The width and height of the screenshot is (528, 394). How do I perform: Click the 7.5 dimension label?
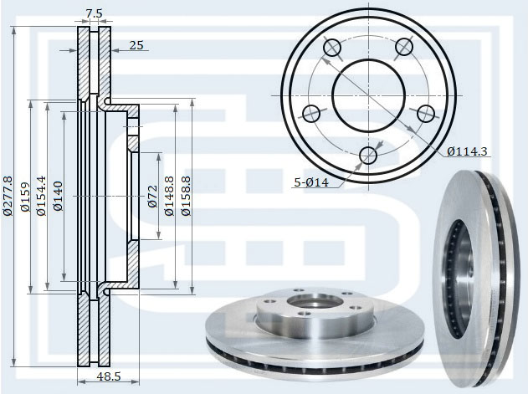click(94, 14)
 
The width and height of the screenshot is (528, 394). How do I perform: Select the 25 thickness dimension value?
click(136, 45)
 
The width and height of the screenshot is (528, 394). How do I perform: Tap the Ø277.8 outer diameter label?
click(8, 196)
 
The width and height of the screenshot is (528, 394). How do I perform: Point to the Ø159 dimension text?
click(25, 197)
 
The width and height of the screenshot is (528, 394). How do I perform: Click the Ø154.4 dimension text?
click(41, 196)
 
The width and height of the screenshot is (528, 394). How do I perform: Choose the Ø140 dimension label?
click(58, 196)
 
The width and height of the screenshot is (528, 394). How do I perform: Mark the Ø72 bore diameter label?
click(152, 196)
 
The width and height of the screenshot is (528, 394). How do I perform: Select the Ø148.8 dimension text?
click(169, 196)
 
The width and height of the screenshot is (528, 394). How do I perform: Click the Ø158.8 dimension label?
click(186, 196)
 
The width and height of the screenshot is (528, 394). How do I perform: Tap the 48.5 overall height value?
click(109, 376)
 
